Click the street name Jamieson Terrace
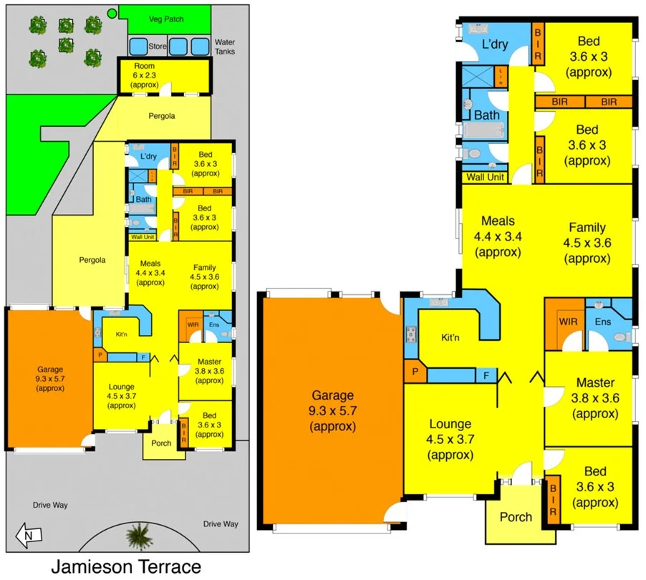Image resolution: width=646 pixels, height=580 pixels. pyautogui.click(x=125, y=567)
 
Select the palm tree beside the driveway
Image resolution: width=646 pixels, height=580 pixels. pyautogui.click(x=134, y=534)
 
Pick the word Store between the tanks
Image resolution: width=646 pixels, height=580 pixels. pyautogui.click(x=157, y=47)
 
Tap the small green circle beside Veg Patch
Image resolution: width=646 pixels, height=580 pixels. pyautogui.click(x=111, y=14)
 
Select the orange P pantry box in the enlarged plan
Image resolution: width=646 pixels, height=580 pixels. pyautogui.click(x=414, y=372)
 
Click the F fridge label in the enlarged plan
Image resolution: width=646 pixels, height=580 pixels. pyautogui.click(x=486, y=374)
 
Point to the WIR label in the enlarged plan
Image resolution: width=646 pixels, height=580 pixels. pyautogui.click(x=568, y=322)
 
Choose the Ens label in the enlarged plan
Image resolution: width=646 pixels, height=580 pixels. pyautogui.click(x=603, y=322)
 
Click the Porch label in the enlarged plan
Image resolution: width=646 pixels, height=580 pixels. pyautogui.click(x=516, y=517)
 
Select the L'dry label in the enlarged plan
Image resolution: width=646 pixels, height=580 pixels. pyautogui.click(x=494, y=44)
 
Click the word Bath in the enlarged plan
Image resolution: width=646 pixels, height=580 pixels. pyautogui.click(x=486, y=115)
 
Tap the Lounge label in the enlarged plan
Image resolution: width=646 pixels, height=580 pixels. pyautogui.click(x=450, y=424)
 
